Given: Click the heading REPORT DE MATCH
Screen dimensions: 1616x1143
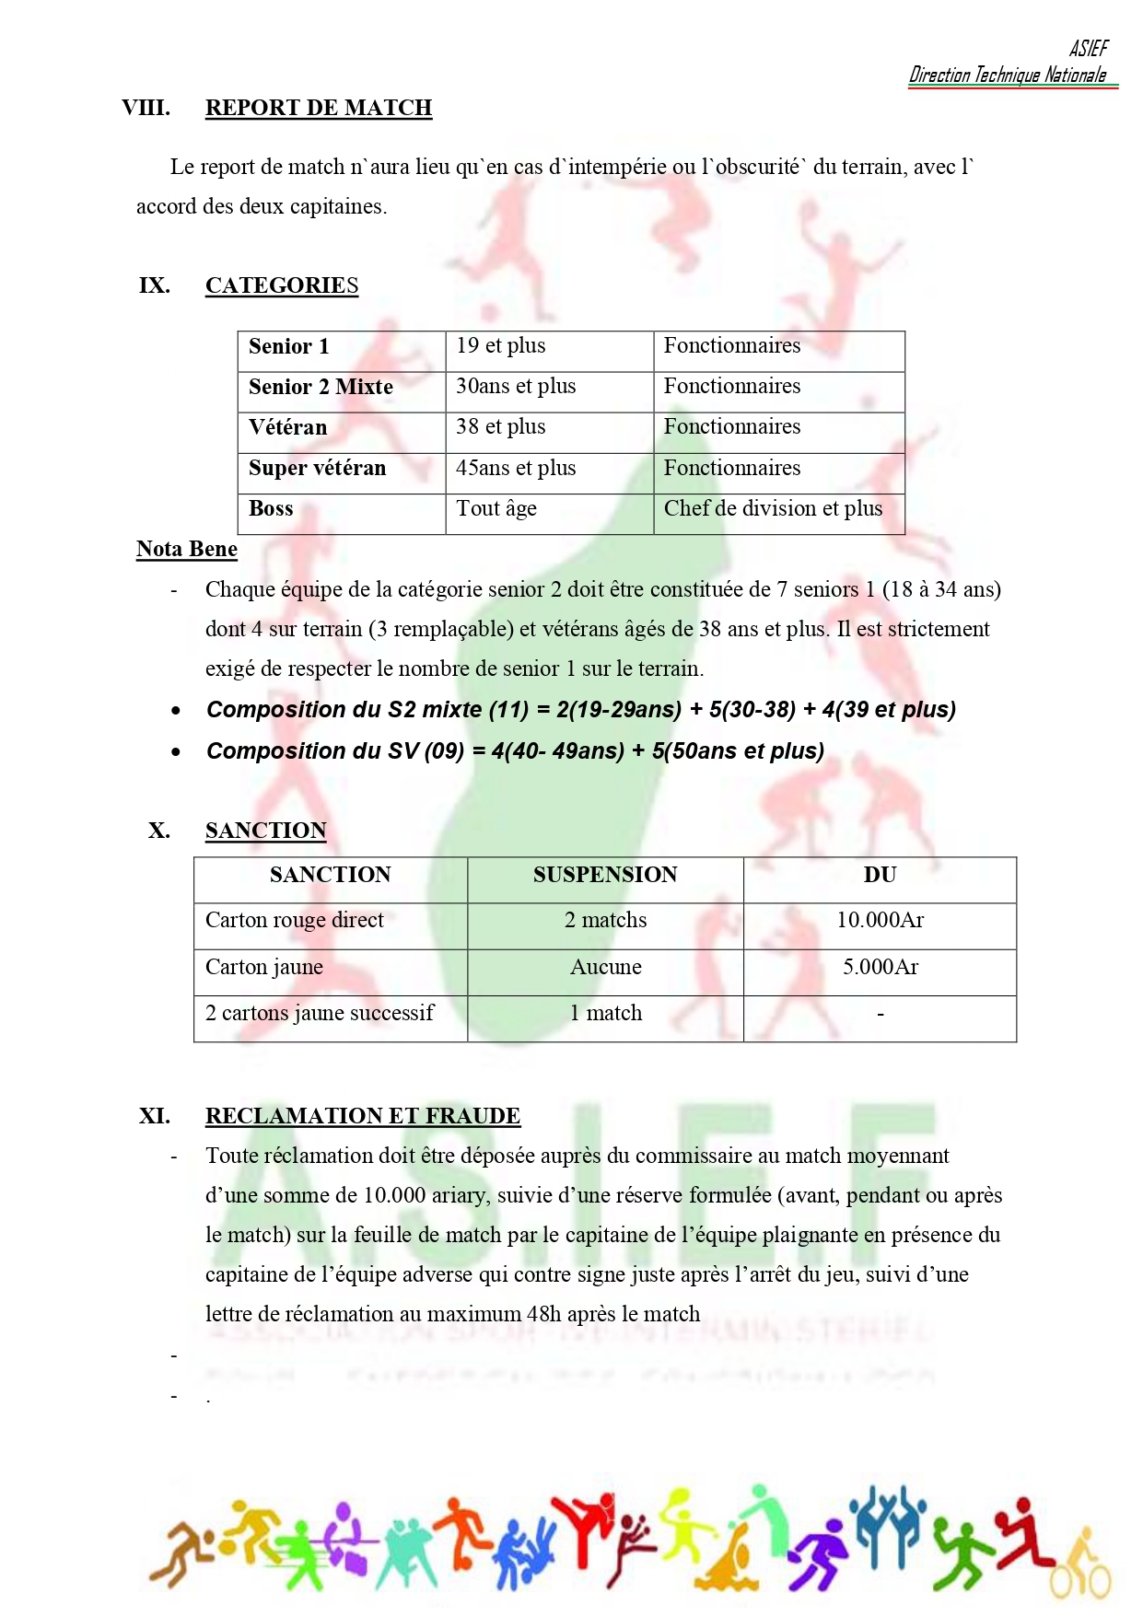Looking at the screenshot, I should [318, 108].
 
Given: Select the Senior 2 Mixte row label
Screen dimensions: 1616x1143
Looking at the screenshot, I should [321, 387].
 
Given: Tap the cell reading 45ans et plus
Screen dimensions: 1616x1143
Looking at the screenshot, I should [516, 468].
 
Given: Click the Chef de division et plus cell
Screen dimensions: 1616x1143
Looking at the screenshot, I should [773, 508].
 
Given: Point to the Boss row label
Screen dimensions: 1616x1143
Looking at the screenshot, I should [271, 508].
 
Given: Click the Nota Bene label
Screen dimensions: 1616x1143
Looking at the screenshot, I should [187, 549].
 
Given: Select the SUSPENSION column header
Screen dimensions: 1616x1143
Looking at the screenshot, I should [605, 875].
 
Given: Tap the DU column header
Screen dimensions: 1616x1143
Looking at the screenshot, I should [880, 875].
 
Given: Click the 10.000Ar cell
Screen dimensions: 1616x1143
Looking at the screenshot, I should [880, 920].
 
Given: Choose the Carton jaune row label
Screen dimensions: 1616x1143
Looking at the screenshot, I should [264, 967].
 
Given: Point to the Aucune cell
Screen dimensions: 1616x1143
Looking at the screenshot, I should [605, 967].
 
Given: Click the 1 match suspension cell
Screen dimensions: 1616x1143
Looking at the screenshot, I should [605, 1013].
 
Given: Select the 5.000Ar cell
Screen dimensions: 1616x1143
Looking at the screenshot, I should [880, 967].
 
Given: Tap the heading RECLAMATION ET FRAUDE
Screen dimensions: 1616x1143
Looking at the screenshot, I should [363, 1116].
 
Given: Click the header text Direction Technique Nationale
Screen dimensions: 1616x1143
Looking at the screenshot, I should [1008, 76].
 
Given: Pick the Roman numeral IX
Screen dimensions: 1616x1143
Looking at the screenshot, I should [155, 285].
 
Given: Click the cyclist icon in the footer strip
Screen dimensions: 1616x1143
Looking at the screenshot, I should [1081, 1569].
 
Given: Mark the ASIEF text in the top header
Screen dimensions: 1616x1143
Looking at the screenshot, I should [1089, 49].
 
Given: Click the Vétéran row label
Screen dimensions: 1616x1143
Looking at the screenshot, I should [287, 427].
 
